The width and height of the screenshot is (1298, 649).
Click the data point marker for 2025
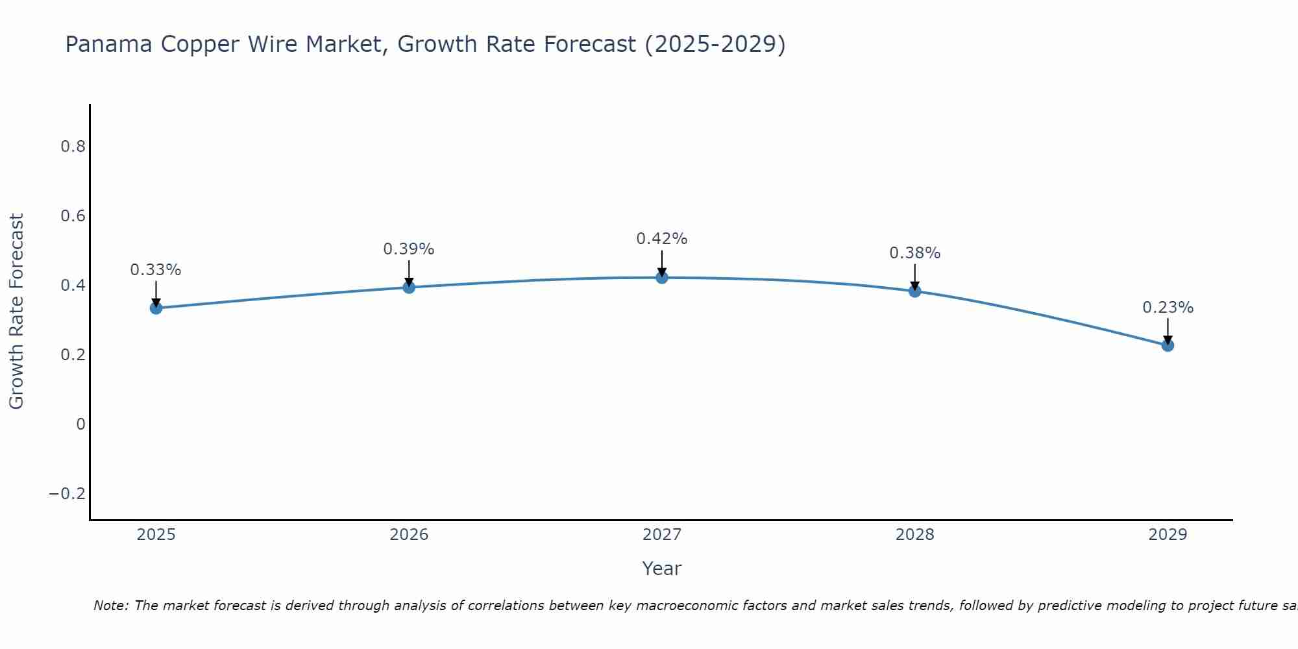point(156,308)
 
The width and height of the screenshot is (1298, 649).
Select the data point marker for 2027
point(662,278)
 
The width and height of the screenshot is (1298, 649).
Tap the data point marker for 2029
point(1168,345)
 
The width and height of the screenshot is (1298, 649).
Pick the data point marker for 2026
point(409,287)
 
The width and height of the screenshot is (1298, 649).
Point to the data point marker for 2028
point(915,291)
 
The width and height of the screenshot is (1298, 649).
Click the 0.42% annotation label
point(661,239)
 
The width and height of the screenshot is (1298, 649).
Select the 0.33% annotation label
point(156,270)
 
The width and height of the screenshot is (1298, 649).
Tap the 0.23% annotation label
point(1168,308)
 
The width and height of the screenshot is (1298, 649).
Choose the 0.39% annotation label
point(408,249)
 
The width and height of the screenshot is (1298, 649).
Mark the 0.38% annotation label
point(914,253)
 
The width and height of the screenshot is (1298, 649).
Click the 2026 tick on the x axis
point(409,535)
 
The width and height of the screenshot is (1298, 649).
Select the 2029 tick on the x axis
point(1168,535)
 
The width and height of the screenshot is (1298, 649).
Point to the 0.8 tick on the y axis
point(73,147)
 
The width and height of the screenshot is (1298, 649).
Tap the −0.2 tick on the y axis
point(67,494)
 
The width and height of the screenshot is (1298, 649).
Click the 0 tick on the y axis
point(80,424)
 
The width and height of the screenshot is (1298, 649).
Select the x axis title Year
point(661,569)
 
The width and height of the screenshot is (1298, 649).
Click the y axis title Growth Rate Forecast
point(16,311)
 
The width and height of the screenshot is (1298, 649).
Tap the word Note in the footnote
point(111,606)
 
